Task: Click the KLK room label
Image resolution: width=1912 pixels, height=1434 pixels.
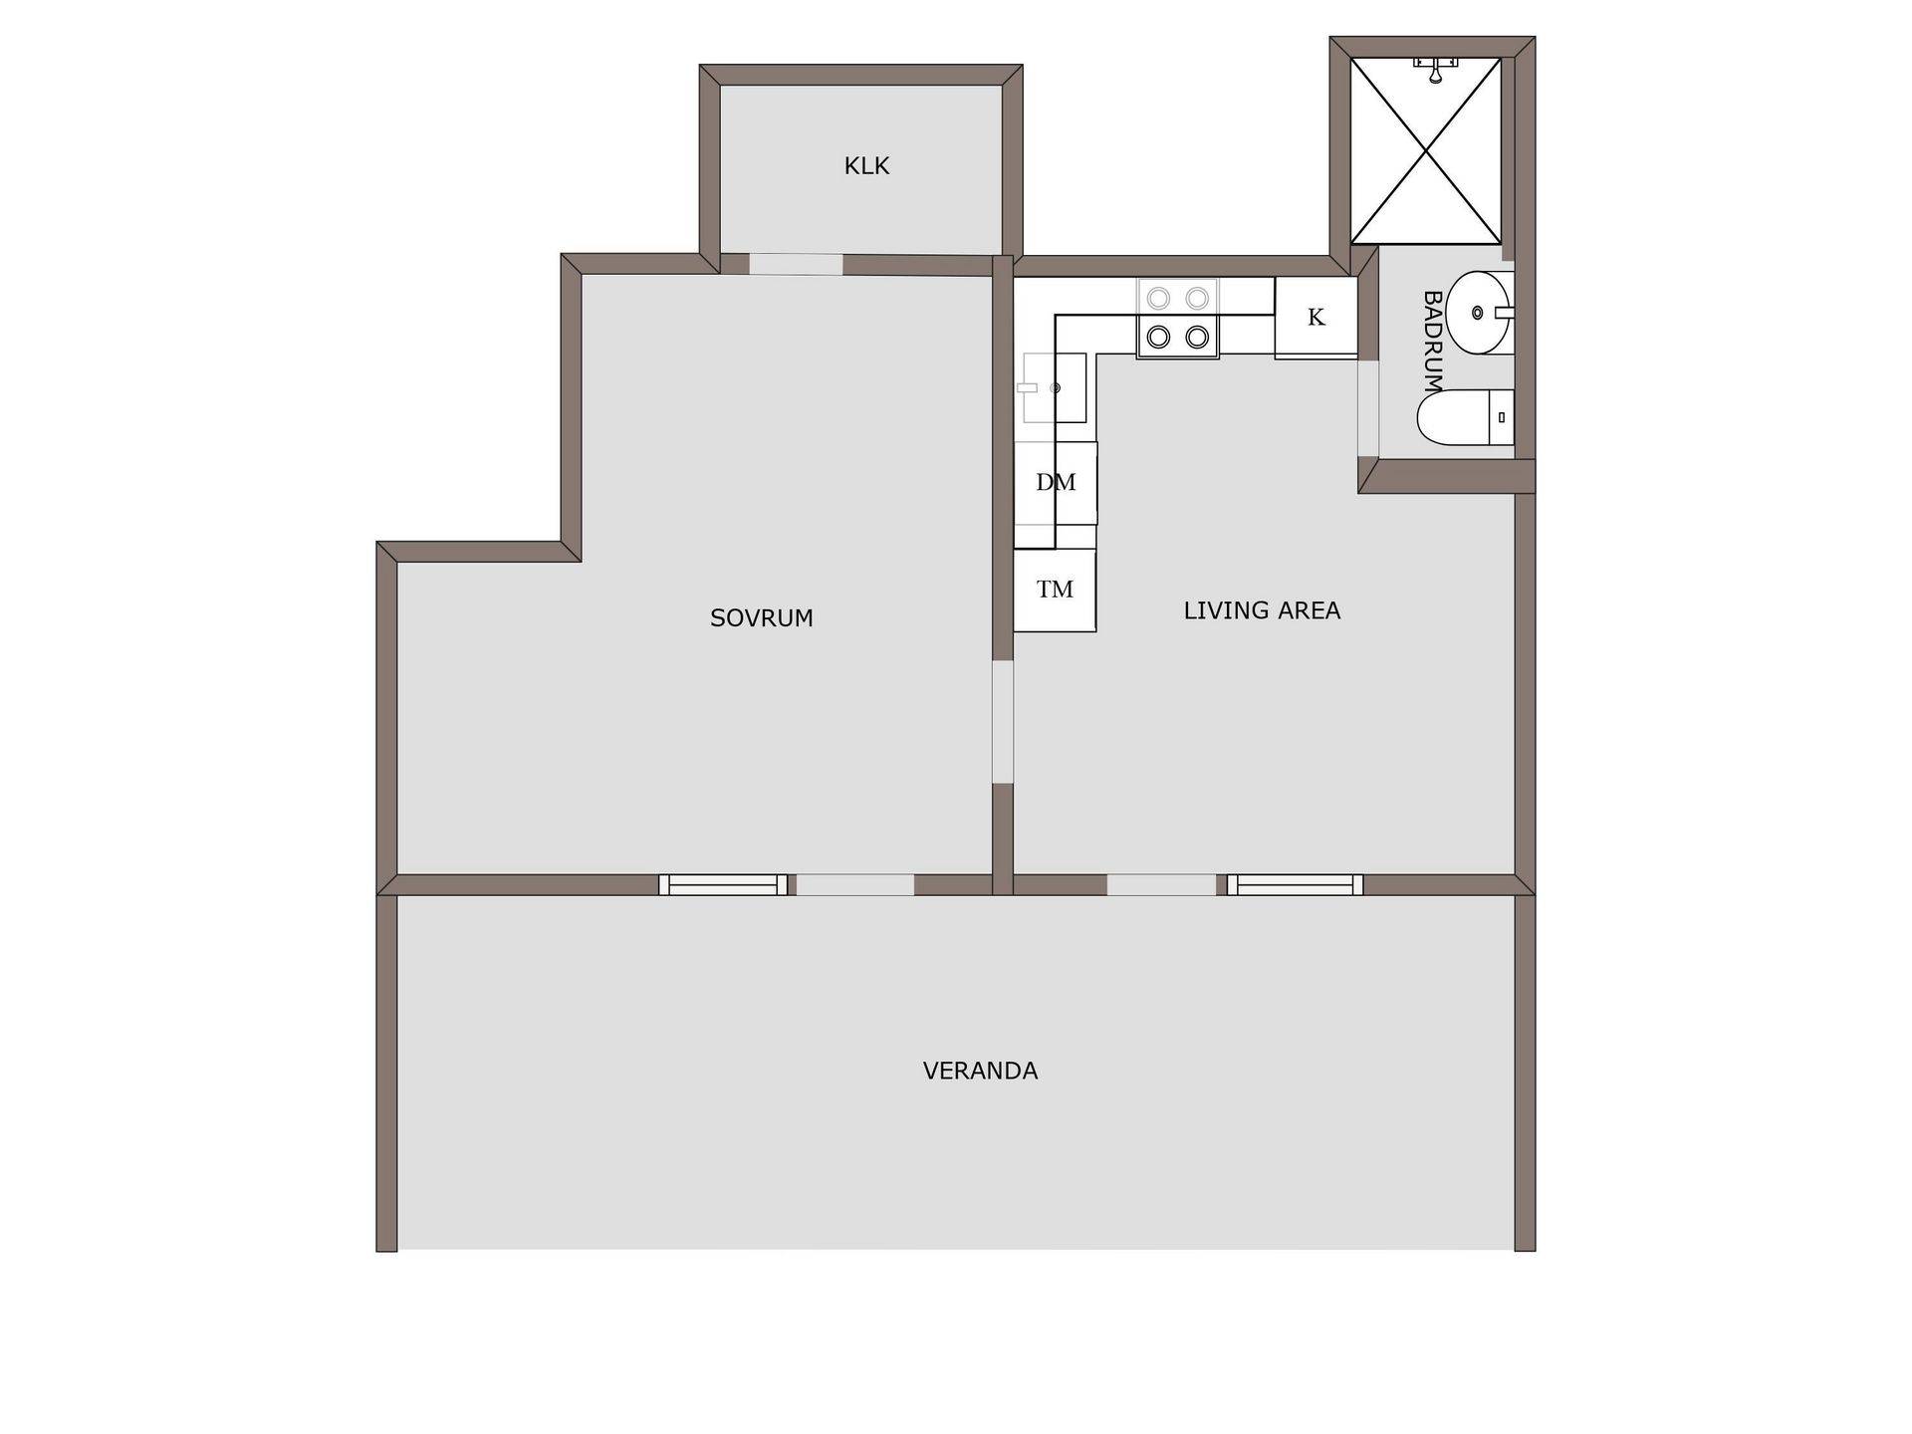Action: tap(866, 166)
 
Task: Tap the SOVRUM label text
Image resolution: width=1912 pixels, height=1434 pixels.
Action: tap(762, 618)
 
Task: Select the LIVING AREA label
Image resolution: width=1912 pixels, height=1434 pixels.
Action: tap(1262, 610)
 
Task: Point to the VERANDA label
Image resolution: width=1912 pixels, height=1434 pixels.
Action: tap(980, 1071)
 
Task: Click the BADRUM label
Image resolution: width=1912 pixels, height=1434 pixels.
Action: tap(1432, 341)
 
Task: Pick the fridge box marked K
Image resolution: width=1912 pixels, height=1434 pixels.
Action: tap(1315, 317)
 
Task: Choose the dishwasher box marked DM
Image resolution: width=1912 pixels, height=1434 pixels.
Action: tap(1056, 483)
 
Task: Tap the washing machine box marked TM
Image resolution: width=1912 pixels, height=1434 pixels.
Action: tap(1056, 590)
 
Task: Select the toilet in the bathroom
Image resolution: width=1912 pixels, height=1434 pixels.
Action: tap(1465, 417)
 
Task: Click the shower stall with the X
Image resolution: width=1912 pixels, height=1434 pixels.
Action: tap(1426, 150)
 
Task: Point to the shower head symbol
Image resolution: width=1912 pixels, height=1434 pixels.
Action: tap(1435, 69)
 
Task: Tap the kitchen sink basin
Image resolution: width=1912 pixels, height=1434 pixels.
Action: tap(1054, 387)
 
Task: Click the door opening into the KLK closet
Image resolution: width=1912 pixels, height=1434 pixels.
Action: tap(797, 264)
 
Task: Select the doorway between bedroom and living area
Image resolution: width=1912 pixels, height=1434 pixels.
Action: tap(1003, 722)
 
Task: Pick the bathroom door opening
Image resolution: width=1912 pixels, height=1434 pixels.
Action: tap(1368, 409)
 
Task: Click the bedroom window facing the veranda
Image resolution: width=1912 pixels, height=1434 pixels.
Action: tap(723, 884)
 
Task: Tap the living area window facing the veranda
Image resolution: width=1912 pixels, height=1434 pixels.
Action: tap(1295, 884)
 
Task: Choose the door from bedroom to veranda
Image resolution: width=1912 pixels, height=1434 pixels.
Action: tap(855, 884)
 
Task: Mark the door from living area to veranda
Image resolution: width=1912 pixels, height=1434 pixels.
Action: tap(1162, 884)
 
